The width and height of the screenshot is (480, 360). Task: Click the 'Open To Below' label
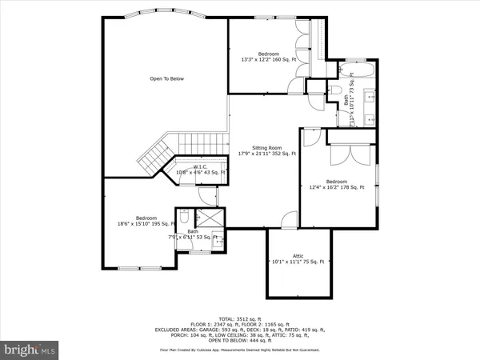click(167, 78)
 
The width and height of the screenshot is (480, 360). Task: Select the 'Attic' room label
click(299, 257)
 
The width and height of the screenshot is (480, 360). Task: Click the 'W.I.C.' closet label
click(200, 166)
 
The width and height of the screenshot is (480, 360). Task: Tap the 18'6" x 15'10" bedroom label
click(146, 221)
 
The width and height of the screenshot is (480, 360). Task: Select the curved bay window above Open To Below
click(166, 15)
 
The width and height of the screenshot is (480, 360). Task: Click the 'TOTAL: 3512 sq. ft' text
click(239, 318)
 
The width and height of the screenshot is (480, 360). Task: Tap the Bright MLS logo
click(30, 350)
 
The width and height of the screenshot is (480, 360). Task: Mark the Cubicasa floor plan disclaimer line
click(239, 349)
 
